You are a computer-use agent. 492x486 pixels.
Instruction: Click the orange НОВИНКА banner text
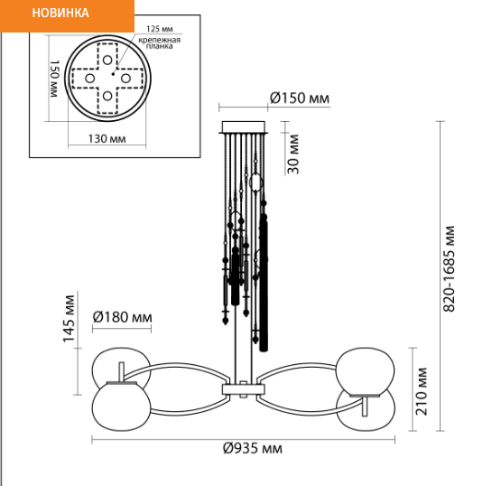(60, 13)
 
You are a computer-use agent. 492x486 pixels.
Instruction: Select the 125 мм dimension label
(160, 29)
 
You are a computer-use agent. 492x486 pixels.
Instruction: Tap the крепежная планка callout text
(160, 43)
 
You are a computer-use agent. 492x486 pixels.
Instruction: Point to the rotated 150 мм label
(54, 79)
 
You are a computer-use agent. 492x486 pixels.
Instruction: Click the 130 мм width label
(107, 138)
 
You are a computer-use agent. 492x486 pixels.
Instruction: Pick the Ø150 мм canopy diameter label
(300, 98)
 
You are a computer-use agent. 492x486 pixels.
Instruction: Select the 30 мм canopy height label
(293, 154)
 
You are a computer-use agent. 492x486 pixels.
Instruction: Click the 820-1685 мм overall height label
(449, 268)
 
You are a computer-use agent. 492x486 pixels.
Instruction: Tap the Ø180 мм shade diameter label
(123, 317)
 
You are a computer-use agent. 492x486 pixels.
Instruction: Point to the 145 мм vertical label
(69, 319)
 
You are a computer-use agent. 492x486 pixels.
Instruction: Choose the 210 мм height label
(422, 391)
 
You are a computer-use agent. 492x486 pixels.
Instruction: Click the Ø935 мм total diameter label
(253, 448)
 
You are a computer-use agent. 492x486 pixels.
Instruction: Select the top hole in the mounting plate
(107, 60)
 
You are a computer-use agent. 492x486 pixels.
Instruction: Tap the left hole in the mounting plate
(89, 79)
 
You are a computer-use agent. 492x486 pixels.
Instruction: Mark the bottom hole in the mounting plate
(107, 96)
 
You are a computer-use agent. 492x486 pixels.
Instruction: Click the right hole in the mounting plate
(125, 79)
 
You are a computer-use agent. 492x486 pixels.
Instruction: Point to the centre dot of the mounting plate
(113, 74)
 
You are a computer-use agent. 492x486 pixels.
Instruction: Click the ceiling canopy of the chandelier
(244, 127)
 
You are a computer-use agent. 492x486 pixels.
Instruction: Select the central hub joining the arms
(244, 389)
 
